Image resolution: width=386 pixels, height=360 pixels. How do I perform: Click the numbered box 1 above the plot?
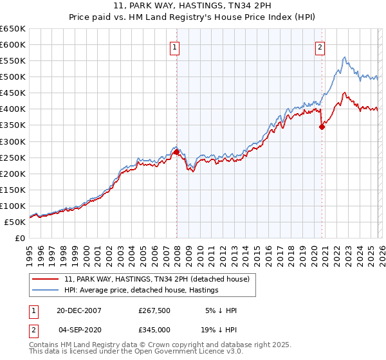point(175,46)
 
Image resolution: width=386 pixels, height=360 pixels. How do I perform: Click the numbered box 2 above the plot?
point(320,46)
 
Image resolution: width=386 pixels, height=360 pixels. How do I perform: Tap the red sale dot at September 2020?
point(322,127)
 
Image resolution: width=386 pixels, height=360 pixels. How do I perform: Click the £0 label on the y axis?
point(19,238)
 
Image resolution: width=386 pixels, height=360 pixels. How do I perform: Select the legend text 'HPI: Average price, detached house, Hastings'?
point(141,290)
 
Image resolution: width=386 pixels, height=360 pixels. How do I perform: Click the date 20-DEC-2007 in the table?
point(80,310)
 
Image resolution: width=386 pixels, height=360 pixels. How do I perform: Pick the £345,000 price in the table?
point(154,329)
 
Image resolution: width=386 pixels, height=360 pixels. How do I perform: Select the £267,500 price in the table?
point(154,310)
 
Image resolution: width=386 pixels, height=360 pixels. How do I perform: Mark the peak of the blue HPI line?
point(345,57)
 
